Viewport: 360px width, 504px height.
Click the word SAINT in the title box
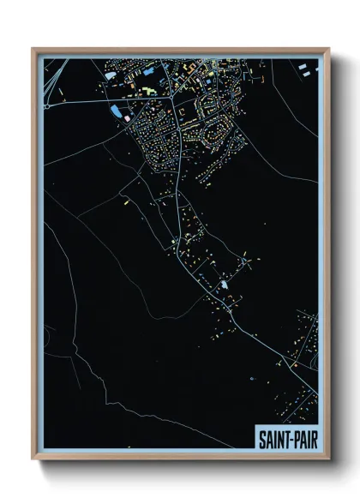pyautogui.click(x=273, y=438)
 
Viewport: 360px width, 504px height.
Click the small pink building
pyautogui.click(x=126, y=114)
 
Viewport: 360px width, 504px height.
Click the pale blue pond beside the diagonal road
pyautogui.click(x=225, y=285)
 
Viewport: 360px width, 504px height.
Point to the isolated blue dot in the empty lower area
pyautogui.click(x=251, y=378)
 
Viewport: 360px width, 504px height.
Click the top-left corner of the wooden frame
pyautogui.click(x=33, y=49)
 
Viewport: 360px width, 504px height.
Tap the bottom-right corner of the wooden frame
pyautogui.click(x=328, y=459)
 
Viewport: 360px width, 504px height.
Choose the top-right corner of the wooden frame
pyautogui.click(x=328, y=49)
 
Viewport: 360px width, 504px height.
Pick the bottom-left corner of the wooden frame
pyautogui.click(x=33, y=459)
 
